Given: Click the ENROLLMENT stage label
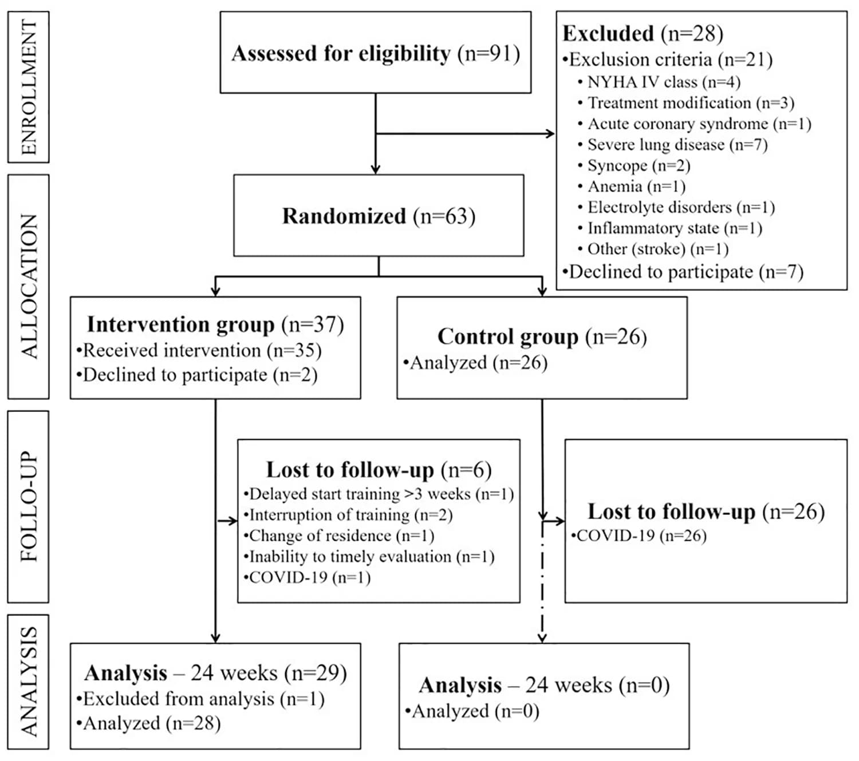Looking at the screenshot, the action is [x=29, y=87].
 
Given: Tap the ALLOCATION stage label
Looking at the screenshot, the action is [x=29, y=287].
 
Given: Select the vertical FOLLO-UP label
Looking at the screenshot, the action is [x=29, y=506].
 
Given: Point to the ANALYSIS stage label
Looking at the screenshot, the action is [x=29, y=682].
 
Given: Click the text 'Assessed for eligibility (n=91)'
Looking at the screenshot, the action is [x=375, y=54].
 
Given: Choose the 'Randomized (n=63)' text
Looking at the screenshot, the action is [x=379, y=216].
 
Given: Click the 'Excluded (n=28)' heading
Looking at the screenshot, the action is [x=643, y=34].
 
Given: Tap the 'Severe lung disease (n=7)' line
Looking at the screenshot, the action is [x=673, y=145].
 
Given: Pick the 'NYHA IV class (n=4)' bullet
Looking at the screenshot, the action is [x=659, y=82].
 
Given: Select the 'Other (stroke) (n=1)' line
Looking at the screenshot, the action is [x=653, y=249].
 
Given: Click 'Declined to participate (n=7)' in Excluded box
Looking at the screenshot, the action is [x=683, y=272].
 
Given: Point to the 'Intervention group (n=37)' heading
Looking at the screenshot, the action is [x=215, y=324].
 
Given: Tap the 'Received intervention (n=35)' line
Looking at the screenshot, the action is [x=199, y=350].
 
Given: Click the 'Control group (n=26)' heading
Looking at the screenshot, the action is [x=542, y=337].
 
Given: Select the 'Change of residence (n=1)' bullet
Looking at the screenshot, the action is [x=339, y=536].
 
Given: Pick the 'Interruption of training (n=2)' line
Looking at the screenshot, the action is [x=348, y=515].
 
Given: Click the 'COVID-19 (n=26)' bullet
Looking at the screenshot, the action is [x=639, y=536].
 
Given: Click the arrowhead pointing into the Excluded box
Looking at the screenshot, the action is [x=550, y=134].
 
